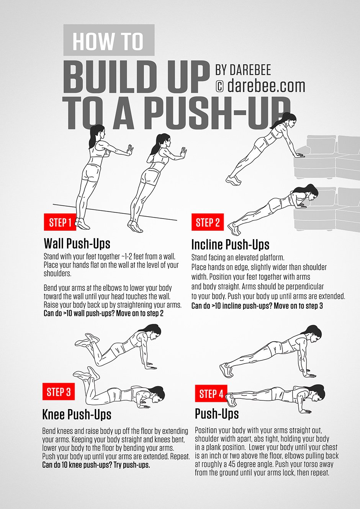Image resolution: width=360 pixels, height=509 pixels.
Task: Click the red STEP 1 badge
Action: (x=60, y=222)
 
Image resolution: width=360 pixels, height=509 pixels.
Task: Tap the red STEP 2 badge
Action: (x=208, y=222)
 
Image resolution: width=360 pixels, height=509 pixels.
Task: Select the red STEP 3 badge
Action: (x=59, y=392)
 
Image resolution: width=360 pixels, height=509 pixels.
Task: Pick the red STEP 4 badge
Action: (x=211, y=394)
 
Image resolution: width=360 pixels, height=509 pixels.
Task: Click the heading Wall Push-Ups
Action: (x=77, y=244)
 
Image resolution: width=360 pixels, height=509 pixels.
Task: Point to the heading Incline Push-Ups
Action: (x=230, y=245)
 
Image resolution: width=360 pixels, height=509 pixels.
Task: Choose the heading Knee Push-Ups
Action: (x=77, y=414)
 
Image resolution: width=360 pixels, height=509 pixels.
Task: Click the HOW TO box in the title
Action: (x=108, y=41)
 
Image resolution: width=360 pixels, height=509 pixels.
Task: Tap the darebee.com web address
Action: (x=266, y=86)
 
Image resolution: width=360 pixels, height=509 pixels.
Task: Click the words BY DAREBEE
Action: (x=243, y=70)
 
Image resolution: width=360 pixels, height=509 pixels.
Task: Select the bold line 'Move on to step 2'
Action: (x=103, y=313)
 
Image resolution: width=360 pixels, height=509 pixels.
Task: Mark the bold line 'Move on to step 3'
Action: (x=257, y=306)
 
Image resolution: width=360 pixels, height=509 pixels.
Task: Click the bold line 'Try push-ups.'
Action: (x=96, y=465)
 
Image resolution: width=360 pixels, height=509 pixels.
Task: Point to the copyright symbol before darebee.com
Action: (x=219, y=86)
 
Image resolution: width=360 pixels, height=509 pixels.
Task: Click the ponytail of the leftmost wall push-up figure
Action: (x=92, y=137)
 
